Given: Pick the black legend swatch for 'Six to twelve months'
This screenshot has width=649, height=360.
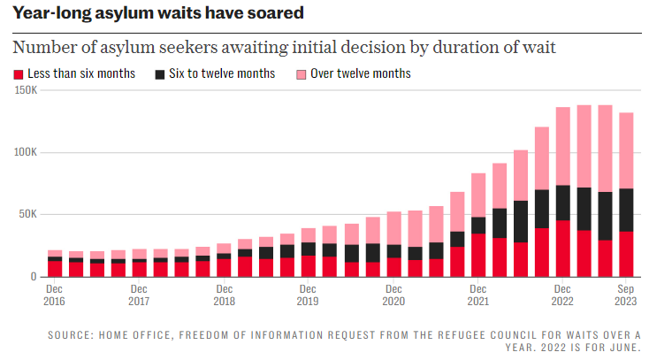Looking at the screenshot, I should [160, 74].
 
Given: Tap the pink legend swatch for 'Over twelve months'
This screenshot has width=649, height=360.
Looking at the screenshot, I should [302, 74].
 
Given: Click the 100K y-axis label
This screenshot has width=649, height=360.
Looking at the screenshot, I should [25, 152].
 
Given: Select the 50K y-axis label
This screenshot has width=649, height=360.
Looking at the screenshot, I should [27, 214].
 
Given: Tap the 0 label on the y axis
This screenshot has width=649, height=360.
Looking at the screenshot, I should [34, 277].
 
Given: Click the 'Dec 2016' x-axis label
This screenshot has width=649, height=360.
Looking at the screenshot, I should [55, 295].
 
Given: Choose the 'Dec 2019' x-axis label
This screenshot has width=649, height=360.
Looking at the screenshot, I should [308, 295].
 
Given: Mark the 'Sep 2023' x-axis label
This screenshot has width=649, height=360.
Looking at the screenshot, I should [625, 295].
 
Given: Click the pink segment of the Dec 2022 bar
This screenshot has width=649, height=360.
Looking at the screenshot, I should [562, 146].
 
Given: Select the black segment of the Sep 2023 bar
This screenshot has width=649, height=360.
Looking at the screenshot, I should [626, 210].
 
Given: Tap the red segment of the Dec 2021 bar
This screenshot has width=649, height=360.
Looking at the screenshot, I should [478, 255].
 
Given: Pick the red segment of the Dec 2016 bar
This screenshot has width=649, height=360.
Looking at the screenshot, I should [55, 269].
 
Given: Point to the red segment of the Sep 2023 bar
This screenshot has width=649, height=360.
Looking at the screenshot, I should [626, 254].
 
